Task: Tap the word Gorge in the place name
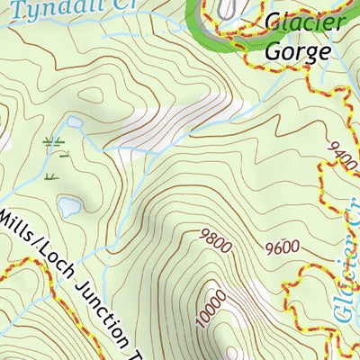pos(296,51)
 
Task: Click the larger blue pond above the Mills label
pos(68,208)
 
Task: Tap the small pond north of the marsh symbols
pos(74,121)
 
